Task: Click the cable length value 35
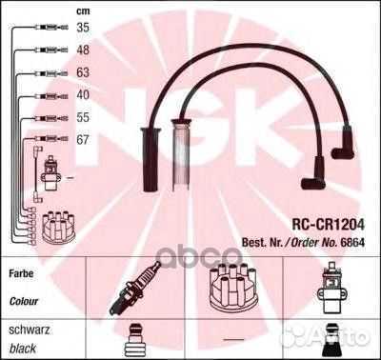click(83, 28)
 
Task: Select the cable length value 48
click(83, 49)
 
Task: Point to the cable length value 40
click(83, 94)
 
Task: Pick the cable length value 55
click(83, 116)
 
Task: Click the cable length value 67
click(83, 139)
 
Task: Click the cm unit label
click(83, 10)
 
